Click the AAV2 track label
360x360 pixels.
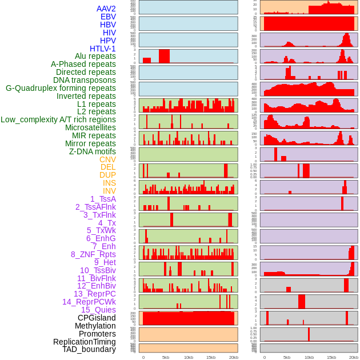coord(106,9)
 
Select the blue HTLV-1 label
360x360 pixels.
coord(102,49)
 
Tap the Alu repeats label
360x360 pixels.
coord(95,56)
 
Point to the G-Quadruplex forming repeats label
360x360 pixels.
coord(61,88)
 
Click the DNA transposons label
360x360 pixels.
coord(85,80)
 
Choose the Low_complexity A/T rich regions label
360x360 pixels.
coord(58,119)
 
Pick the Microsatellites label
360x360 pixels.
coord(90,127)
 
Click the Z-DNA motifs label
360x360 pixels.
coord(93,151)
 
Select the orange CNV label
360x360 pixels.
coord(107,159)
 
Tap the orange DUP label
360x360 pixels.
coord(107,175)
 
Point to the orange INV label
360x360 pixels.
coord(109,191)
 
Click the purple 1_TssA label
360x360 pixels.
coord(103,199)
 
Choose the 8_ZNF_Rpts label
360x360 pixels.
coord(93,254)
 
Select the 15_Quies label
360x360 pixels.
coord(98,310)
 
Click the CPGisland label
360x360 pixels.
coord(97,318)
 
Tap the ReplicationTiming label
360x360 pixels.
coord(84,342)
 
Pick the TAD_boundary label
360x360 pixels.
coord(89,349)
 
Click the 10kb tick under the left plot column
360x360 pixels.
coord(188,357)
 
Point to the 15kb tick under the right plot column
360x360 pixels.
coord(331,357)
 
